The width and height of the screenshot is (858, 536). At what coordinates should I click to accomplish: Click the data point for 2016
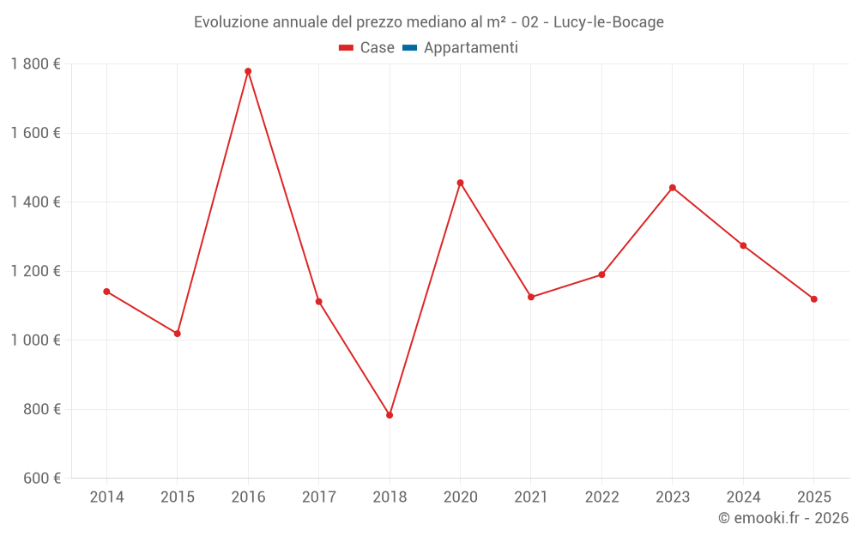point(248,71)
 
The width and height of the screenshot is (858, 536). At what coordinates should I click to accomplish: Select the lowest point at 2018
point(390,415)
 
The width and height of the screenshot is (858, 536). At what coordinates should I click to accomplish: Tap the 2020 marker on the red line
point(460,183)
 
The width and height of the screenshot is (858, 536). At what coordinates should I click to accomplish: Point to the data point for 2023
point(673,188)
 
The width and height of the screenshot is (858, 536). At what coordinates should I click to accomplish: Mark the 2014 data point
point(106,292)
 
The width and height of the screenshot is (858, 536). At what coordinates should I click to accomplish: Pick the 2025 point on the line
point(814,299)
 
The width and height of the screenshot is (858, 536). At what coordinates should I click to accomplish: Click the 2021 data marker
point(531,297)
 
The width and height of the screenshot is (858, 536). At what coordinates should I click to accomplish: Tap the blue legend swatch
point(409,48)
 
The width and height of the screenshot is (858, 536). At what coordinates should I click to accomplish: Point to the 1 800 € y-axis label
point(35,64)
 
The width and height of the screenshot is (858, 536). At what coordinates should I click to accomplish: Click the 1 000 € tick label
point(35,340)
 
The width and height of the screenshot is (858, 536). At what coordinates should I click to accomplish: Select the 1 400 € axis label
point(35,202)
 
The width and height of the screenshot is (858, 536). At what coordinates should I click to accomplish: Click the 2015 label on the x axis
point(178,497)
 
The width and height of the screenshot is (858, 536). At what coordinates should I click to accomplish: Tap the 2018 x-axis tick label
point(390,497)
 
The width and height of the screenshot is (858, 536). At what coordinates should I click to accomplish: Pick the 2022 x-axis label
point(601,497)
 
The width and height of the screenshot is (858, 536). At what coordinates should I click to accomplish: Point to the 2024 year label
point(743,497)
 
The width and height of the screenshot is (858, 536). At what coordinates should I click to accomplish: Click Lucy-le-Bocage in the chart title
point(608,22)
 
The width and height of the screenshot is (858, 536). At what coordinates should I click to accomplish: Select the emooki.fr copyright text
point(783,518)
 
